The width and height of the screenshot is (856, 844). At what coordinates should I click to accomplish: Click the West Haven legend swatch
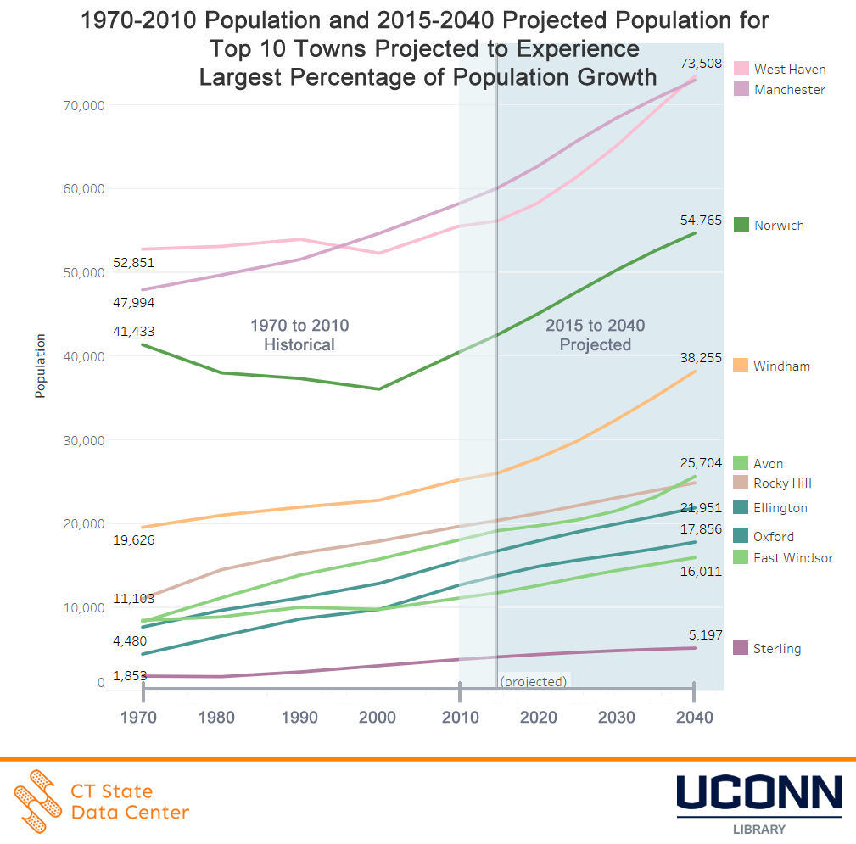[741, 69]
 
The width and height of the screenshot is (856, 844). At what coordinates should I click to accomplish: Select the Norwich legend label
[779, 226]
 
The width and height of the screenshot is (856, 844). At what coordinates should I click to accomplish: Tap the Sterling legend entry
[777, 649]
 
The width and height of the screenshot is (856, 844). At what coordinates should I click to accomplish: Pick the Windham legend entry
[781, 366]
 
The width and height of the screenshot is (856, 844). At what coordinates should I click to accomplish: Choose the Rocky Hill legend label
[782, 483]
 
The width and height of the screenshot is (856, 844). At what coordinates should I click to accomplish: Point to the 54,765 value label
[701, 221]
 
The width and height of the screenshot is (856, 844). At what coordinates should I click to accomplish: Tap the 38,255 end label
[701, 359]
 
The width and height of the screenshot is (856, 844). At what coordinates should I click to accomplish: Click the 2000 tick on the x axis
[378, 718]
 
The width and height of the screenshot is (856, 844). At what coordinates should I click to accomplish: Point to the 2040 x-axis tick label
[694, 718]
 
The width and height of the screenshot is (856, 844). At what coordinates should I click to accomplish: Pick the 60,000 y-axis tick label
[83, 188]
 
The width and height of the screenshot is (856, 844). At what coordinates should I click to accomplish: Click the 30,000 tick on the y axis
[83, 440]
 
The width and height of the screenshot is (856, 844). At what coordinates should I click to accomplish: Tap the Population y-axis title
[40, 366]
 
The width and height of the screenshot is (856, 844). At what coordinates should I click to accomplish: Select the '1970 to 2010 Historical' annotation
[299, 335]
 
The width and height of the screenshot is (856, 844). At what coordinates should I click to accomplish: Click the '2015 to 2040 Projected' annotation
[595, 335]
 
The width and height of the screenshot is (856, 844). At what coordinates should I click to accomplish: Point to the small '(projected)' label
[533, 681]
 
